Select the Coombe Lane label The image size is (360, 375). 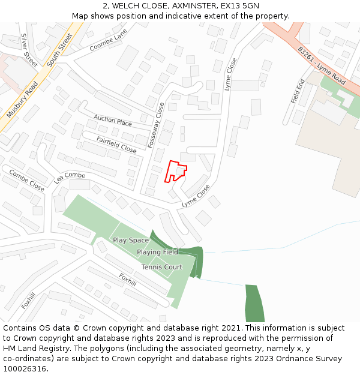point(109,40)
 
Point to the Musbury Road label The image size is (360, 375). point(22,99)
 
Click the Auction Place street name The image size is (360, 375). point(113,121)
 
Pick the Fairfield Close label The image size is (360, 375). point(116,143)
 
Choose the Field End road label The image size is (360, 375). point(298,91)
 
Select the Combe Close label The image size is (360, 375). point(26,179)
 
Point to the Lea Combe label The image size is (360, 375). point(70,176)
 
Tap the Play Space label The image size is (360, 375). point(131,241)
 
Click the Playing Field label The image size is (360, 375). point(157,253)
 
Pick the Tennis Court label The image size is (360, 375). point(161,267)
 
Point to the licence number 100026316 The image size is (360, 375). point(26,369)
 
